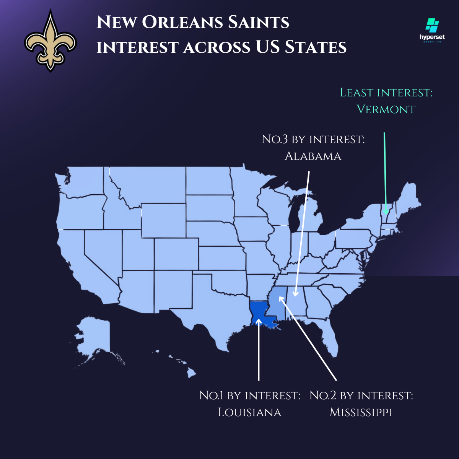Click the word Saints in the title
pos(259,22)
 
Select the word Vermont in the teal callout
pos(386,109)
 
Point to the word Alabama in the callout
pos(313,156)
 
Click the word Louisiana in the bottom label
pos(250,412)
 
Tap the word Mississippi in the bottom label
pos(361,412)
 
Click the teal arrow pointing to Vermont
pos(385,172)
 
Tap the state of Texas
pos(214,306)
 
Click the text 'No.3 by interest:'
pos(313,139)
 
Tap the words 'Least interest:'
pos(386,93)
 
